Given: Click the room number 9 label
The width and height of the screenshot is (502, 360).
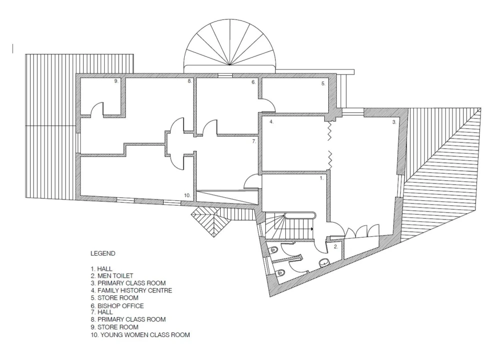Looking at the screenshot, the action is pyautogui.click(x=116, y=81).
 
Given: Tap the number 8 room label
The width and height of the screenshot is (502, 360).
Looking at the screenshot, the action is pyautogui.click(x=190, y=81).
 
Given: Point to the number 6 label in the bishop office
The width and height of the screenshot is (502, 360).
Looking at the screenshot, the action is pyautogui.click(x=254, y=82).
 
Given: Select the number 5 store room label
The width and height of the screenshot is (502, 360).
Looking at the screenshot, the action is pyautogui.click(x=323, y=84).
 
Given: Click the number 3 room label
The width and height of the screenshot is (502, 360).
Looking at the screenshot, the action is pyautogui.click(x=394, y=122).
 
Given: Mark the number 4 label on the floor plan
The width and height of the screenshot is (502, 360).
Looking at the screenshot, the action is pyautogui.click(x=271, y=122).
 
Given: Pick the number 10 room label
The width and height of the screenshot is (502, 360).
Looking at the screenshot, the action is pyautogui.click(x=187, y=195).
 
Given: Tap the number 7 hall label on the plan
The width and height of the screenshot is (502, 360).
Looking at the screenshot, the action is pyautogui.click(x=254, y=141).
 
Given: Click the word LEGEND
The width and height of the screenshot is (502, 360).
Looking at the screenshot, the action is pyautogui.click(x=103, y=253).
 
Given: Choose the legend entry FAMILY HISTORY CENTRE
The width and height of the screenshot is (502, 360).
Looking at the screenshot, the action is pyautogui.click(x=135, y=290).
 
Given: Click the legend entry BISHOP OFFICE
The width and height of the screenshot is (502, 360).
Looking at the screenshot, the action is pyautogui.click(x=121, y=306).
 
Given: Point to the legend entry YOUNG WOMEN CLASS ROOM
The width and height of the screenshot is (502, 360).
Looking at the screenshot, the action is pyautogui.click(x=145, y=335).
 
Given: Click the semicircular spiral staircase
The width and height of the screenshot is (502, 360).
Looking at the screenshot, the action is pyautogui.click(x=230, y=45).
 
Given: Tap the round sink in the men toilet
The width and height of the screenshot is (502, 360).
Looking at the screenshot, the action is pyautogui.click(x=324, y=262).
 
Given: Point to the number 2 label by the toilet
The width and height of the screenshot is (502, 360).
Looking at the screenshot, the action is pyautogui.click(x=336, y=247).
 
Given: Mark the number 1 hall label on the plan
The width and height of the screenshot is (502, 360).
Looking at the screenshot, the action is pyautogui.click(x=322, y=178).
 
